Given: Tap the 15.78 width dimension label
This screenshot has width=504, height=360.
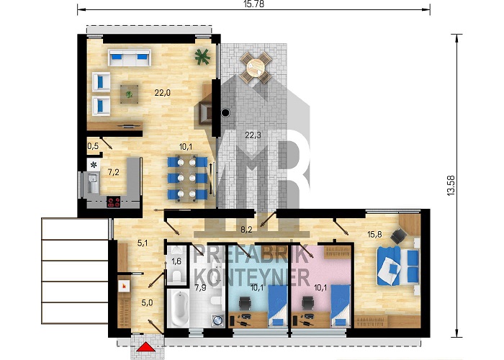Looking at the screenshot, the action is pos(253,4).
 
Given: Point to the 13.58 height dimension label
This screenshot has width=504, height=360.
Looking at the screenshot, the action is pos(451,186).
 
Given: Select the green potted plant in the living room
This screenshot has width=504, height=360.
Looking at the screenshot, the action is pos(202,56).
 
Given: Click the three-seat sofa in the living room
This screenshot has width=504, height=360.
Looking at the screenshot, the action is pos(130,58).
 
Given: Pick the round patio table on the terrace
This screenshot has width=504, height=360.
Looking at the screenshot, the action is pos(256,68).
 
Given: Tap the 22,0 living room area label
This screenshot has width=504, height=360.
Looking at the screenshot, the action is pos(162,93).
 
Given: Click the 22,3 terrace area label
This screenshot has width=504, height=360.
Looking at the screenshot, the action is pos(253,135).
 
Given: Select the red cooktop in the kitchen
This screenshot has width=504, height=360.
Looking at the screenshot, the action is pos(114,202).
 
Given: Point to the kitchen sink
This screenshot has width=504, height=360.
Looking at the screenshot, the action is pos(94,182).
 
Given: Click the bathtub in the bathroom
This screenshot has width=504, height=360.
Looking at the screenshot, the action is pos(178,309).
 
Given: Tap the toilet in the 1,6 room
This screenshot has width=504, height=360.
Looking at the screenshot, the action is pos(176,276).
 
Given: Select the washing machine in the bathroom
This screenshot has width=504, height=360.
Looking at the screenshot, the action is pos(217,320).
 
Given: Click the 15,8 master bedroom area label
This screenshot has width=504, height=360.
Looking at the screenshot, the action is pos(374,234).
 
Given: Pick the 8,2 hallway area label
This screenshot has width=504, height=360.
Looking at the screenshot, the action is pos(246,230).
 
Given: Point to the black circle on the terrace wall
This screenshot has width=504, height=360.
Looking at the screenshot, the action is pos(225,112).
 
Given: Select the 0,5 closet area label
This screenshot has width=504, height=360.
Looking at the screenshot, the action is pos(93,146).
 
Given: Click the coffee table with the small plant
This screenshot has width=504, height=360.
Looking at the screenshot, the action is pos(129,94).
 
